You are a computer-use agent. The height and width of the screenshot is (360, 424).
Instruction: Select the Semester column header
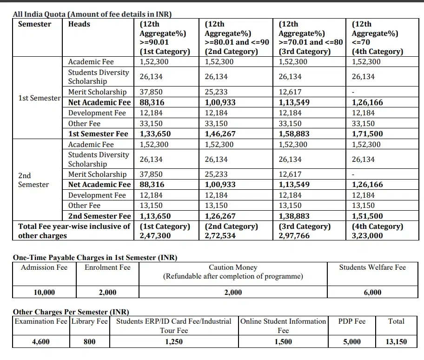click(x=34, y=24)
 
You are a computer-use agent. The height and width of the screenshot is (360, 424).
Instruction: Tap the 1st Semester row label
click(x=40, y=98)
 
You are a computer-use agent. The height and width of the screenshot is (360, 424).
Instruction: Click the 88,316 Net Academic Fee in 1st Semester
click(x=152, y=102)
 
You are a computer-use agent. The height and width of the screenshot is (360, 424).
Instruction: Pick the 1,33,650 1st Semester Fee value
click(x=155, y=134)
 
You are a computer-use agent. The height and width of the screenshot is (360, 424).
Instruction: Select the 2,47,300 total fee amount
click(x=155, y=236)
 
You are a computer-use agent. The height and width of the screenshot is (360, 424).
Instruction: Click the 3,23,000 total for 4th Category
click(x=367, y=236)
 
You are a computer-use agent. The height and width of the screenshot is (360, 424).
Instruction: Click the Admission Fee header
click(x=44, y=267)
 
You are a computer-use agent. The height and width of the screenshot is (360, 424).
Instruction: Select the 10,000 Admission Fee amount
click(x=44, y=292)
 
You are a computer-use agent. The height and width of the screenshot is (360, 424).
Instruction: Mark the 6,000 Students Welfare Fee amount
click(x=372, y=292)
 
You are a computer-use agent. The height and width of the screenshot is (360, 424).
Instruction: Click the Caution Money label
click(x=233, y=267)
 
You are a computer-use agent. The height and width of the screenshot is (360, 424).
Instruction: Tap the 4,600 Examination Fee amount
click(x=41, y=341)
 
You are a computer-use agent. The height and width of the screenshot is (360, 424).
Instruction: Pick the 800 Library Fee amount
click(x=90, y=341)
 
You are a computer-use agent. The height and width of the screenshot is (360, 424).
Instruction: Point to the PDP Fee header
click(x=352, y=321)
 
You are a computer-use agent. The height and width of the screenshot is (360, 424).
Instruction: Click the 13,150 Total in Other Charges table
click(x=396, y=341)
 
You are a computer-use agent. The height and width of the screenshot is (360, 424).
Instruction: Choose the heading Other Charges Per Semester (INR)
click(x=71, y=312)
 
